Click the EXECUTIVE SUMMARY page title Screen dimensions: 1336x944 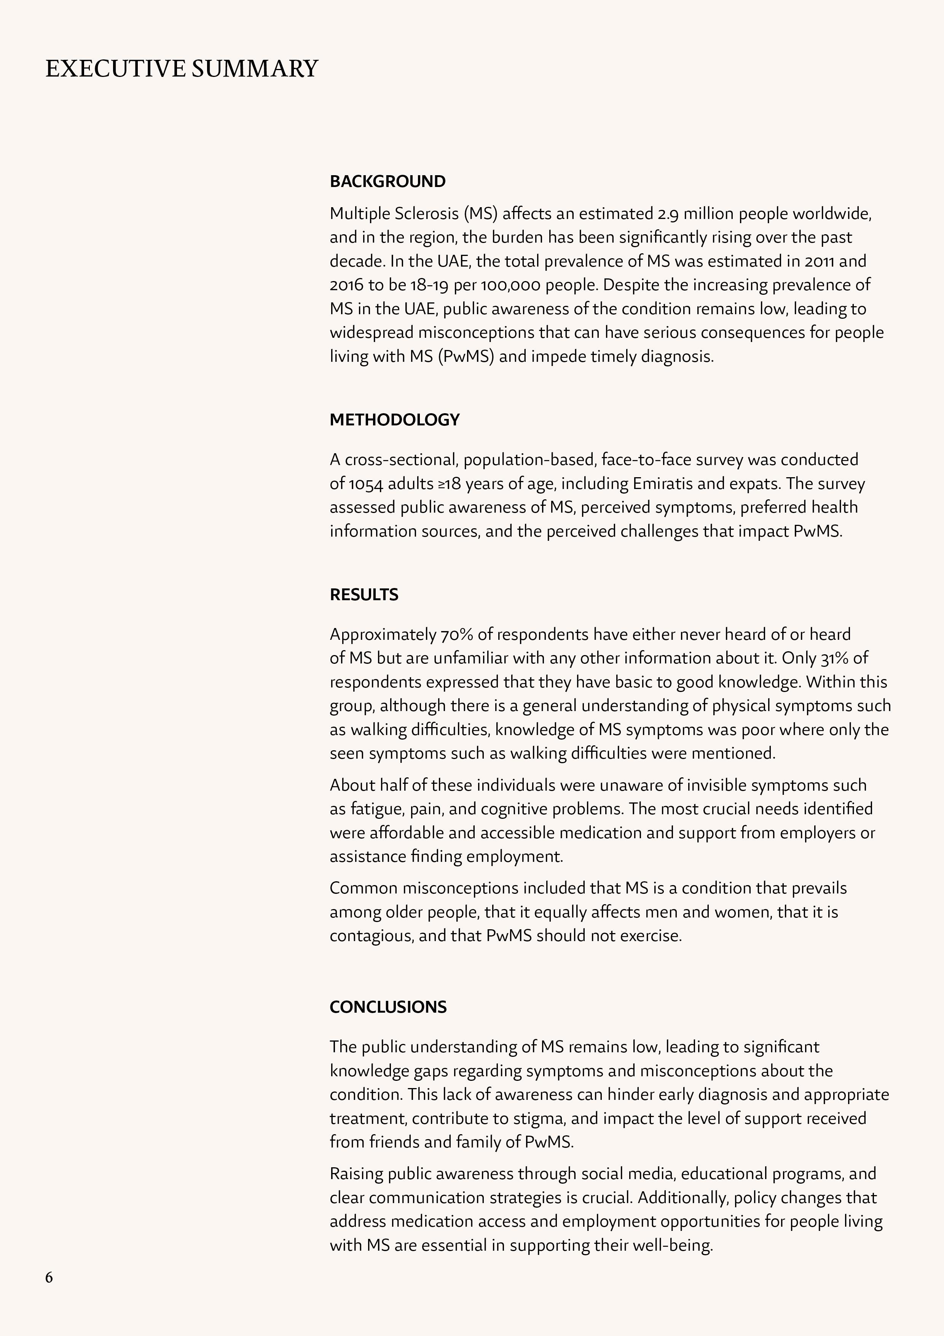182,69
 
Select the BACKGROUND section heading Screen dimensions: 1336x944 387,182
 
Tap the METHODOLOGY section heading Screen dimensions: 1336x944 394,420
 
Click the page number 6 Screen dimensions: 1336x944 49,1277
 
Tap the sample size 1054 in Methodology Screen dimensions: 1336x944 366,484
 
